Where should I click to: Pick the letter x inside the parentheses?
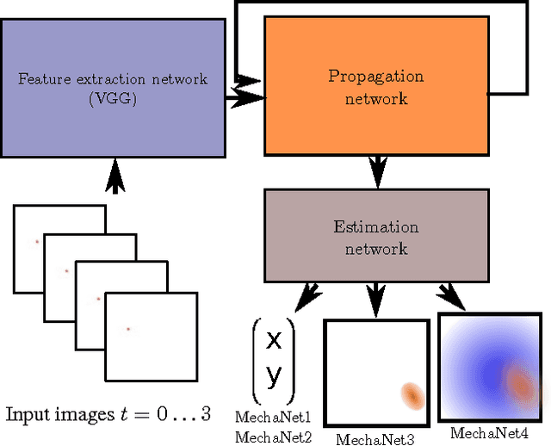click(274, 340)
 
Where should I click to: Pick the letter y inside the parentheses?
click(274, 375)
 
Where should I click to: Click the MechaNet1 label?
click(274, 418)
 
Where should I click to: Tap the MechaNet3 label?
click(375, 439)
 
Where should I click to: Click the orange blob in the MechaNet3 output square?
click(413, 394)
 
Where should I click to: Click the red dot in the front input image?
click(128, 328)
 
